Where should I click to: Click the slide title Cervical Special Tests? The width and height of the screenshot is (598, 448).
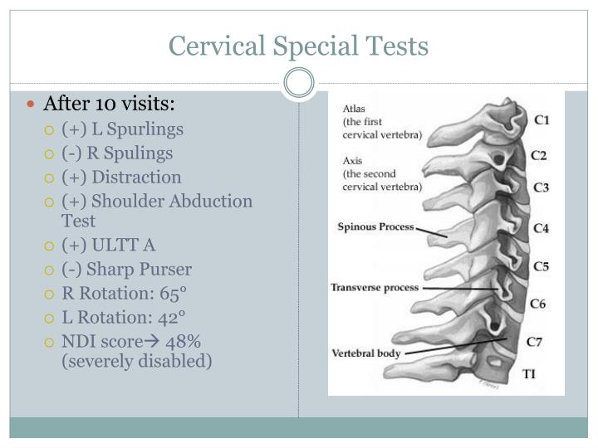click(298, 46)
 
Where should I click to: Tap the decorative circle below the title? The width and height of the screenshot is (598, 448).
click(298, 83)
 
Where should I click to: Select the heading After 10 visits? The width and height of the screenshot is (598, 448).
click(110, 105)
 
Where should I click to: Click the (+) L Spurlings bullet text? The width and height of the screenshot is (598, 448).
click(122, 129)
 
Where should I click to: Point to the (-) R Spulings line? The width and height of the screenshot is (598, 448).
click(117, 153)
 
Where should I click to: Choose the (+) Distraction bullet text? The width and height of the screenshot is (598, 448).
click(121, 177)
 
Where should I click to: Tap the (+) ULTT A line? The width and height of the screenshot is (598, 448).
click(108, 245)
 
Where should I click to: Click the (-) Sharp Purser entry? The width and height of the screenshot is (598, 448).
click(126, 269)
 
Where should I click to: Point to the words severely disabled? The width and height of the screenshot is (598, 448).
click(137, 361)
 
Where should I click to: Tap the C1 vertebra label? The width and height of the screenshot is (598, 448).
click(541, 120)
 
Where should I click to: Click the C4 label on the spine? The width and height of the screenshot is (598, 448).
click(541, 227)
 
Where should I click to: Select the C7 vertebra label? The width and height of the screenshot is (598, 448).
click(536, 342)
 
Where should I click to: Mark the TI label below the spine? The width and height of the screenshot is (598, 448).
click(529, 374)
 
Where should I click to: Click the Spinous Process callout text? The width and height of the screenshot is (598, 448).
click(375, 226)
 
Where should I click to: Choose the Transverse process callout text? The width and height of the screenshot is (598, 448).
click(375, 288)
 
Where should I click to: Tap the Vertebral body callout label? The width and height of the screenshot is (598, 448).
click(366, 353)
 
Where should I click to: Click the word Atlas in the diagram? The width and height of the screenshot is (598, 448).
click(354, 108)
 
